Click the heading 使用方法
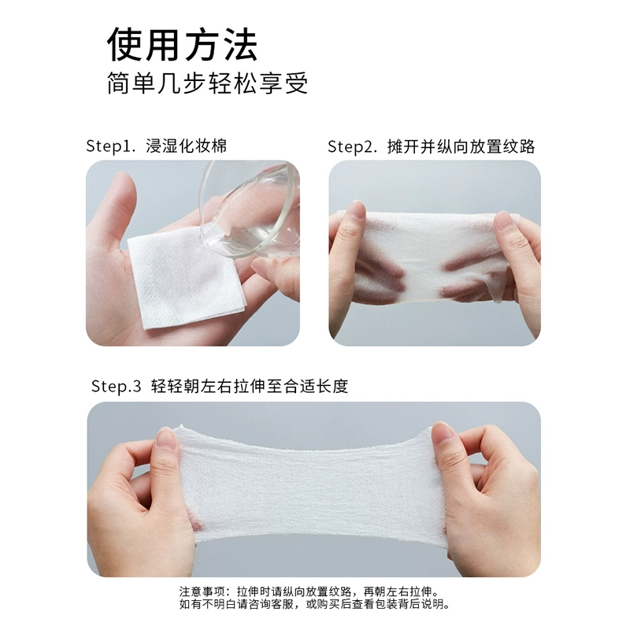point(182,45)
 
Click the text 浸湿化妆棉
point(186,146)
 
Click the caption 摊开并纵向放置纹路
point(461,146)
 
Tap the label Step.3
point(116,386)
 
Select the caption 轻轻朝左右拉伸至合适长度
point(250,386)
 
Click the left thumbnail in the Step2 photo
point(356,209)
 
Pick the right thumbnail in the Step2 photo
point(503,220)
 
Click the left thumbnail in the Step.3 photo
point(165,438)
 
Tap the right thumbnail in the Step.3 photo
point(443,432)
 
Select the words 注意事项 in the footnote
point(198,592)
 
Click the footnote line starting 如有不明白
point(314,604)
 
